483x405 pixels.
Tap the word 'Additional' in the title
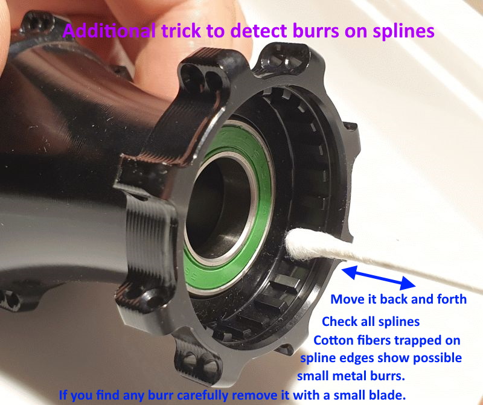(109, 31)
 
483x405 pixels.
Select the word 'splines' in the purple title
(403, 32)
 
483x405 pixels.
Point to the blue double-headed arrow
(379, 278)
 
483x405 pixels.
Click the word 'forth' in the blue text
(452, 299)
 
